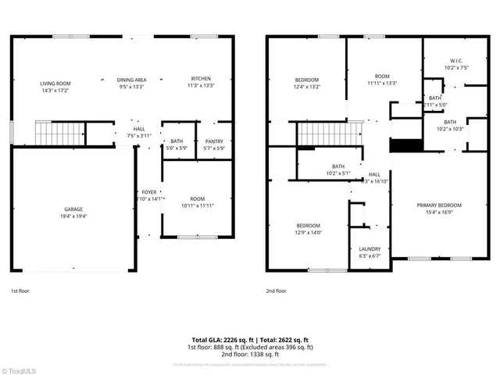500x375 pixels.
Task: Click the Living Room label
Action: (55, 83)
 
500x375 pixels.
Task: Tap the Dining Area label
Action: (132, 79)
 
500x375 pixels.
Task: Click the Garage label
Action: (73, 209)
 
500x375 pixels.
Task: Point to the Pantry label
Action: (213, 141)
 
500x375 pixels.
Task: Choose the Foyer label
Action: (148, 192)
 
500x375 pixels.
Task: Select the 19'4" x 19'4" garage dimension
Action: (73, 215)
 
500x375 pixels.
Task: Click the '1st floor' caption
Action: (20, 291)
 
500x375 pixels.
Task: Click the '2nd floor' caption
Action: (276, 291)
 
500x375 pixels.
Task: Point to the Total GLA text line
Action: (249, 340)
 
